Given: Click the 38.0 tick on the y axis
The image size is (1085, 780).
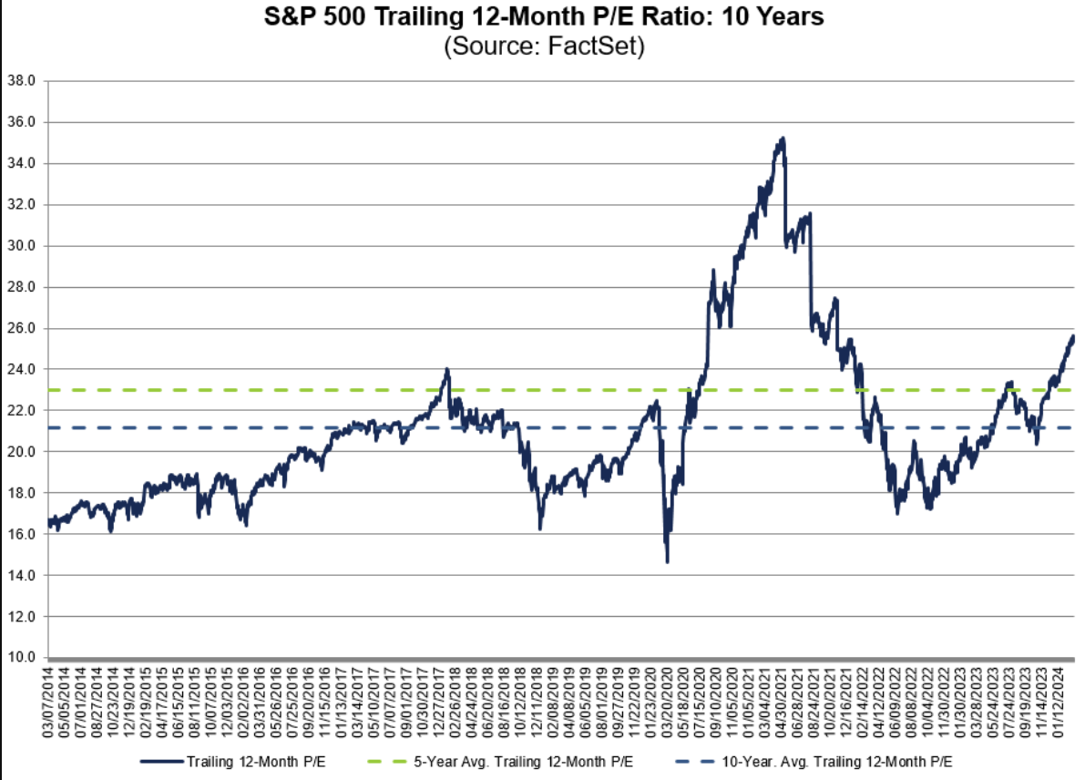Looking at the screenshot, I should [21, 80].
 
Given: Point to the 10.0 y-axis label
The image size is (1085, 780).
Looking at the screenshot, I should [21, 657].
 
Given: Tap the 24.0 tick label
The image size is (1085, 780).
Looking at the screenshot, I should [21, 369].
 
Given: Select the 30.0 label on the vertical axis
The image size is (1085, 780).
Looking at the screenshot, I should [21, 245].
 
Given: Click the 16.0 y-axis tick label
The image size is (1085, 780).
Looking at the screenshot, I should [21, 534].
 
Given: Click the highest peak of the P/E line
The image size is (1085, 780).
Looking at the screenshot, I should [783, 139].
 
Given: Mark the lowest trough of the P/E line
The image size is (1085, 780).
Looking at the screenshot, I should [667, 562].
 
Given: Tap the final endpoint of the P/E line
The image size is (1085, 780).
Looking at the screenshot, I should [1073, 336].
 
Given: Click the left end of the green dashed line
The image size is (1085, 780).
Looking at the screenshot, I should [51, 390].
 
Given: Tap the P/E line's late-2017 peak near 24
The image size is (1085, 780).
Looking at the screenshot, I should [446, 369].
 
